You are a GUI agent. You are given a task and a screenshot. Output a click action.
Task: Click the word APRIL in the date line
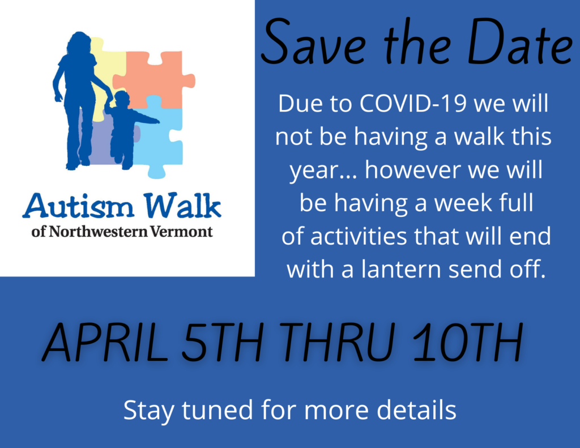tap(104, 343)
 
